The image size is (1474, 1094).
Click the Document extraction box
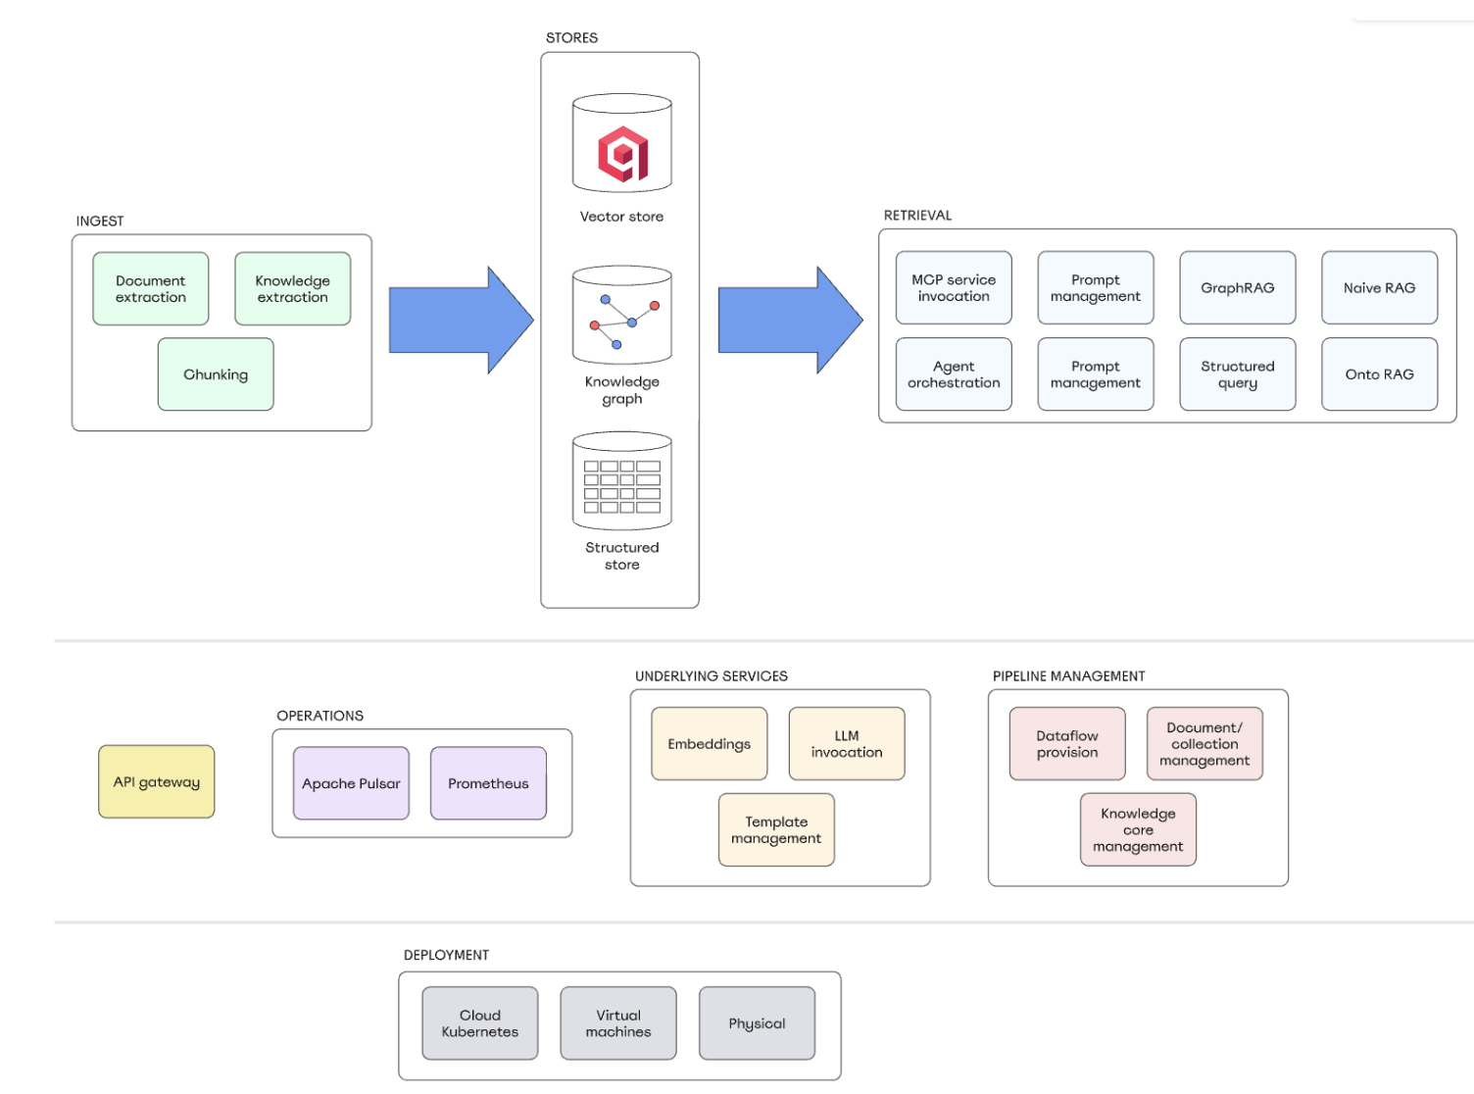pyautogui.click(x=150, y=289)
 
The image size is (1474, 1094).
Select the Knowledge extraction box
pyautogui.click(x=292, y=289)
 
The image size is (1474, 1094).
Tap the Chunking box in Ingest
pyautogui.click(x=216, y=374)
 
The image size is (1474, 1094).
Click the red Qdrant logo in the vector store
pyautogui.click(x=623, y=154)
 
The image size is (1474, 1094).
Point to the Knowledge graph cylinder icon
pyautogui.click(x=622, y=315)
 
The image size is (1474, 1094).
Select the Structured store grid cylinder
pyautogui.click(x=622, y=481)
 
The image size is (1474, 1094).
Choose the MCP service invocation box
pyautogui.click(x=954, y=288)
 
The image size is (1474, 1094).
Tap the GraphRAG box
pyautogui.click(x=1237, y=288)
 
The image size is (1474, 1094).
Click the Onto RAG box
pyautogui.click(x=1379, y=374)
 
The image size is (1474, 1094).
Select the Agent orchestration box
pyautogui.click(x=954, y=374)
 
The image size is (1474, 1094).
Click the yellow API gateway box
pyautogui.click(x=157, y=782)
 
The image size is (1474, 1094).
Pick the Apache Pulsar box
pyautogui.click(x=351, y=783)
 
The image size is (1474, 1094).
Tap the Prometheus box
pyautogui.click(x=488, y=783)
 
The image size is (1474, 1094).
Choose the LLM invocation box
pyautogui.click(x=847, y=744)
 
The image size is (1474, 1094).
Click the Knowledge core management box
pyautogui.click(x=1138, y=830)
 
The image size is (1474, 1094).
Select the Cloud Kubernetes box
pyautogui.click(x=480, y=1023)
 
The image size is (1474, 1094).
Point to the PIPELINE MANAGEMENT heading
pyautogui.click(x=1068, y=676)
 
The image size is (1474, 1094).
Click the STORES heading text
pyautogui.click(x=571, y=38)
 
